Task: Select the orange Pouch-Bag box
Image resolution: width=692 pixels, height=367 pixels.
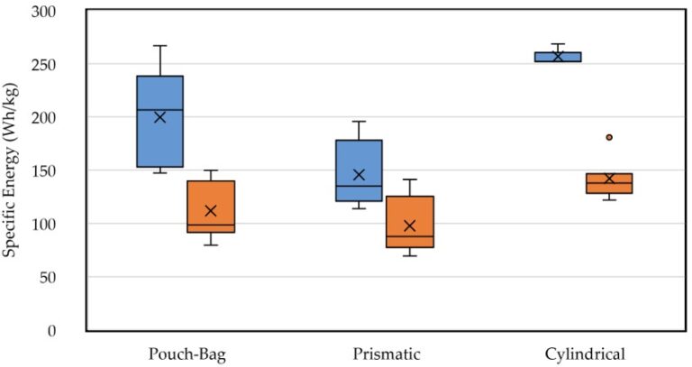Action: click(x=211, y=194)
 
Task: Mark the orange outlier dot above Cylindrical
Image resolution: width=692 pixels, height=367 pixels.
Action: click(x=609, y=137)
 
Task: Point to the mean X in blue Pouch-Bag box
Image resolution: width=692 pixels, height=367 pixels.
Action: click(x=159, y=117)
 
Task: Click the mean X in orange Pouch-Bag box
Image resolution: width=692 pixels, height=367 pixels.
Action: click(x=211, y=211)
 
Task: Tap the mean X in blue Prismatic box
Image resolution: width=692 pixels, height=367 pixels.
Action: click(x=359, y=175)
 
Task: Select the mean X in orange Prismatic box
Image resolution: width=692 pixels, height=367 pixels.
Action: click(x=410, y=225)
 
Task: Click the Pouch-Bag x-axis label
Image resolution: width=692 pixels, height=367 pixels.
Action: click(x=186, y=353)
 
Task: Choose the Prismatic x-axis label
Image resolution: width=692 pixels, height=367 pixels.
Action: click(x=385, y=353)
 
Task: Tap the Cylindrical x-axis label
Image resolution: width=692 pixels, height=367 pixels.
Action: click(x=584, y=353)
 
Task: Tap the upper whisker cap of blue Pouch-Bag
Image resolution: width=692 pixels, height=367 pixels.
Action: click(x=159, y=45)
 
